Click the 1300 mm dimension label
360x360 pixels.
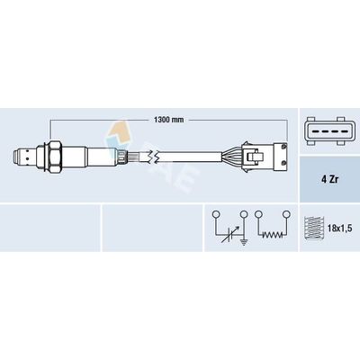(169, 120)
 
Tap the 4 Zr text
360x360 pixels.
(329, 180)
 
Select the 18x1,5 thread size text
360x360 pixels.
(340, 229)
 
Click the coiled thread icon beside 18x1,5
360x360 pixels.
(314, 228)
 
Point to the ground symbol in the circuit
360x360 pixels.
(244, 242)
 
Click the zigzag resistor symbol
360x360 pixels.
(272, 235)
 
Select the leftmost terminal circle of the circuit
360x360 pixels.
(216, 214)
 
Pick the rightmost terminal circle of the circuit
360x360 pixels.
(286, 214)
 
